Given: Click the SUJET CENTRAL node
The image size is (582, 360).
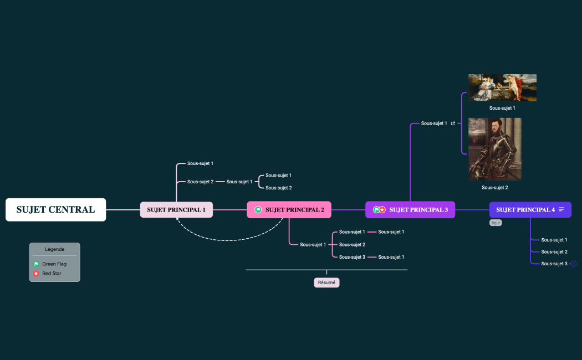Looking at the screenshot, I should [55, 210].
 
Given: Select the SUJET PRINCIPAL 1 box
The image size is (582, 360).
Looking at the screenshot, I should [176, 210].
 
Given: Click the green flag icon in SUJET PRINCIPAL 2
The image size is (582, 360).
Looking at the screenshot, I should [258, 210].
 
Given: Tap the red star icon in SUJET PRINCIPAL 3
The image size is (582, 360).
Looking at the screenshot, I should [382, 210].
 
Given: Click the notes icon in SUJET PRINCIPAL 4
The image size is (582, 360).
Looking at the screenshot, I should [561, 209].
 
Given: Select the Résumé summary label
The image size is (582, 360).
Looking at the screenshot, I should [326, 282].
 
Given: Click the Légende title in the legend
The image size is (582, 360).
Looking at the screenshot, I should [54, 249].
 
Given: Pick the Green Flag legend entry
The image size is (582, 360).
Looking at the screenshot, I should [54, 264].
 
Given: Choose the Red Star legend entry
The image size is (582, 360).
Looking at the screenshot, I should [52, 274].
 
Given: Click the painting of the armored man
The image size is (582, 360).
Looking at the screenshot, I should [495, 149].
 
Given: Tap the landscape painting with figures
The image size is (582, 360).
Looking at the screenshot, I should [502, 88].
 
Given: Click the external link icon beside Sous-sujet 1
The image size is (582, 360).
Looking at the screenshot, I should [453, 124].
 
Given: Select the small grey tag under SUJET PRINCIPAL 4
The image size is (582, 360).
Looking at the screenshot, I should [496, 223].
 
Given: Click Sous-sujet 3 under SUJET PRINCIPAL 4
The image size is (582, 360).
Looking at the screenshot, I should [554, 264].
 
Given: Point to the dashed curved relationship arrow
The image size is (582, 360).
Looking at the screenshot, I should [233, 240].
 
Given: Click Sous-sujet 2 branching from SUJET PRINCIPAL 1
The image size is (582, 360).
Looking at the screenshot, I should [200, 182].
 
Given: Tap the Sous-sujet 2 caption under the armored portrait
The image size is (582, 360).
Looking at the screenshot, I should [495, 188].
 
